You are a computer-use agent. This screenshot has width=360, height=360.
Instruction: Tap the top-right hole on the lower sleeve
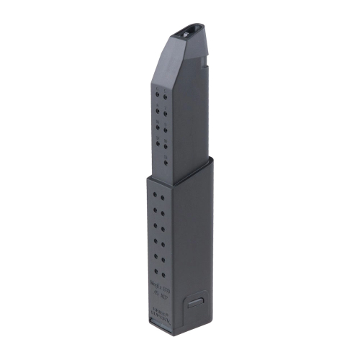[166, 196]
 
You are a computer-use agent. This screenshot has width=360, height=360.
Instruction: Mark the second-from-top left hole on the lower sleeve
[156, 210]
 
